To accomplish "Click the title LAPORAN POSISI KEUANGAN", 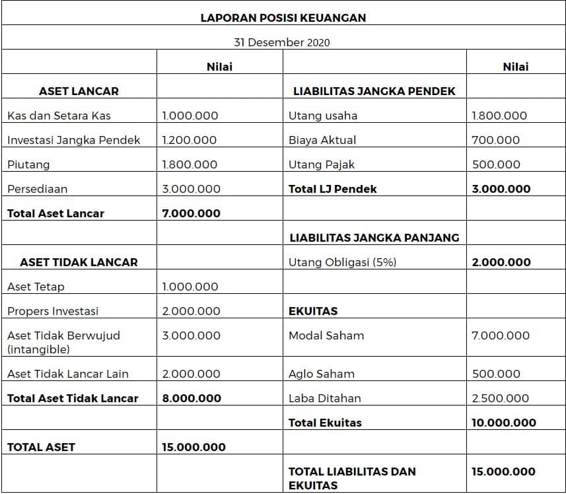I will click(283, 18).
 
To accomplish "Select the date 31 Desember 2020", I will click(282, 42).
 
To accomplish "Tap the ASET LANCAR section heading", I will click(79, 91).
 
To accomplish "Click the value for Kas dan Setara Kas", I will click(190, 116).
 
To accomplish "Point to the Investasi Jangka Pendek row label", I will click(74, 140).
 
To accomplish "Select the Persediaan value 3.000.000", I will click(192, 189).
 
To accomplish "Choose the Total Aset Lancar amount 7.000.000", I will click(192, 213).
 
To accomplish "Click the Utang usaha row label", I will click(323, 116).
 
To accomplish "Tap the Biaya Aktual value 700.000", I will click(496, 140).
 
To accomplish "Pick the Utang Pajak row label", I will click(322, 164).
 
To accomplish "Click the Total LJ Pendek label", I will click(333, 189).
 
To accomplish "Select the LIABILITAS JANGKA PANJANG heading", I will click(374, 238).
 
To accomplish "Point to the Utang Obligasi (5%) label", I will click(343, 262).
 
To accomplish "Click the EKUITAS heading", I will click(313, 311).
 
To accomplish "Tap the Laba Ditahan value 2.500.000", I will click(501, 398).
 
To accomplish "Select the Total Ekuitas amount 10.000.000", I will click(504, 423).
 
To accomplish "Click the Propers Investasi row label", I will click(53, 311).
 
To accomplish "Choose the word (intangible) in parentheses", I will click(38, 349).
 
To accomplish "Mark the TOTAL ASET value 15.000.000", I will click(194, 447).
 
